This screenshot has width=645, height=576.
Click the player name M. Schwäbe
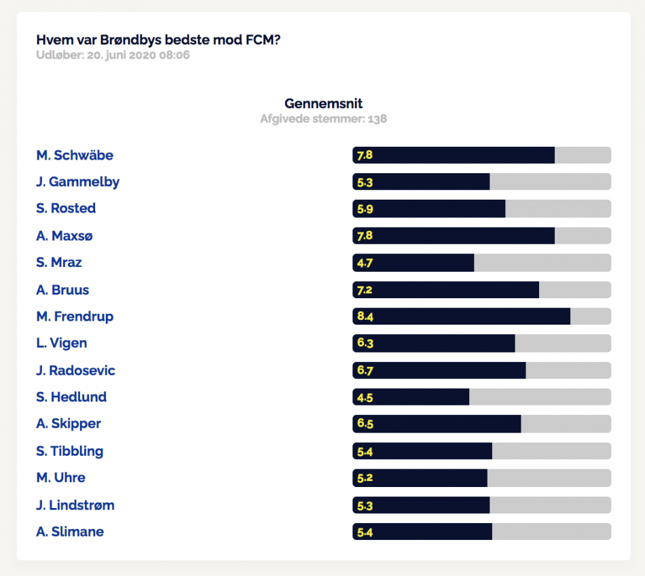75,155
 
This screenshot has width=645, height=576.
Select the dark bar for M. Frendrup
461,316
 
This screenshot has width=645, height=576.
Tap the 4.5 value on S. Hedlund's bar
365,397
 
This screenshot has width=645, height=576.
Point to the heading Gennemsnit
323,103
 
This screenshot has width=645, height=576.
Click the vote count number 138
377,118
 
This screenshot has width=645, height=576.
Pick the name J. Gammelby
78,182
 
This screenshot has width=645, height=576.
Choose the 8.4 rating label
365,316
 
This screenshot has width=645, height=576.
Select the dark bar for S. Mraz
413,262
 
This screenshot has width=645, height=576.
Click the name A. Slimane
70,532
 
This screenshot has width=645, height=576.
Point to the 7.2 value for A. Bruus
365,290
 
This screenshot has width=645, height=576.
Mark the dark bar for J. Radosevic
439,370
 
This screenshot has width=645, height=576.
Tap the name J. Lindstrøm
75,505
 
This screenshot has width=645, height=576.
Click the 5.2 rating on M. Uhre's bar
365,478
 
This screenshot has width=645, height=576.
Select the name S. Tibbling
69,451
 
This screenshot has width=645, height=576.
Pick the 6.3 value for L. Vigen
365,343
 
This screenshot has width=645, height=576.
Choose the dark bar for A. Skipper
437,424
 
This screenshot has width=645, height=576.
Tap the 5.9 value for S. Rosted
365,209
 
